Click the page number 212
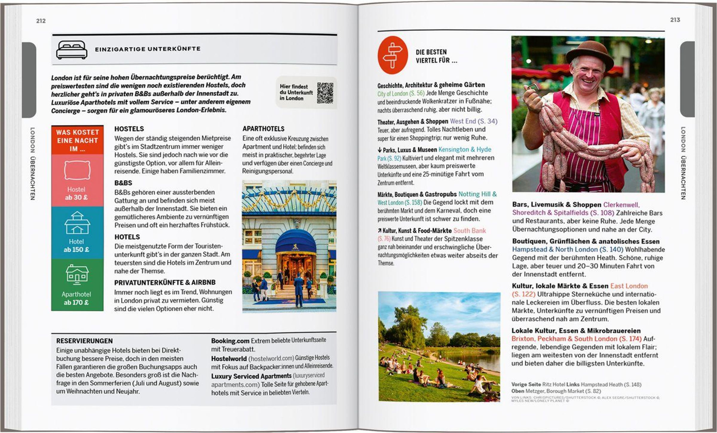coord(41,21)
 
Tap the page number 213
coord(675,20)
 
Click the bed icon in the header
coord(72,50)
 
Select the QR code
coord(325,93)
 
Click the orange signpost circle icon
coord(393,55)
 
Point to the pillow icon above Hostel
coord(77,170)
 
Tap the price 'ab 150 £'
coord(76,250)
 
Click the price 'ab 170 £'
coord(76,303)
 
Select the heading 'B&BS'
coord(123,183)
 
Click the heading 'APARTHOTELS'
coord(263,129)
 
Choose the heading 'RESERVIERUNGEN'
coord(85,341)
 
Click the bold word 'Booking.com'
coord(230,341)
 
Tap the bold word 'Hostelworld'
coord(229,359)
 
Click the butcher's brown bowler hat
coord(589,54)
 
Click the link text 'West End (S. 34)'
coord(474,121)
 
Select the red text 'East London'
coord(629,286)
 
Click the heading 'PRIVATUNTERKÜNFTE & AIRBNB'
coord(165,282)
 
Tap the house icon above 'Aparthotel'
coord(77,274)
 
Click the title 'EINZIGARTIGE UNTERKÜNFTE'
coord(148,49)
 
